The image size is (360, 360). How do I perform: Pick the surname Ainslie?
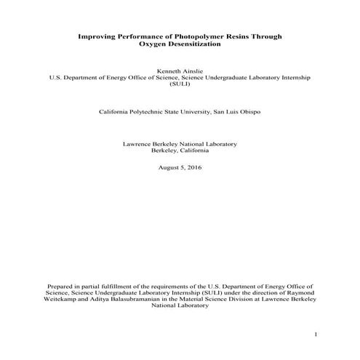tap(194, 68)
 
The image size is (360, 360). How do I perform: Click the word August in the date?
tap(169, 167)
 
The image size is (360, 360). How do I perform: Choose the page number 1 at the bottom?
tap(316, 335)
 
